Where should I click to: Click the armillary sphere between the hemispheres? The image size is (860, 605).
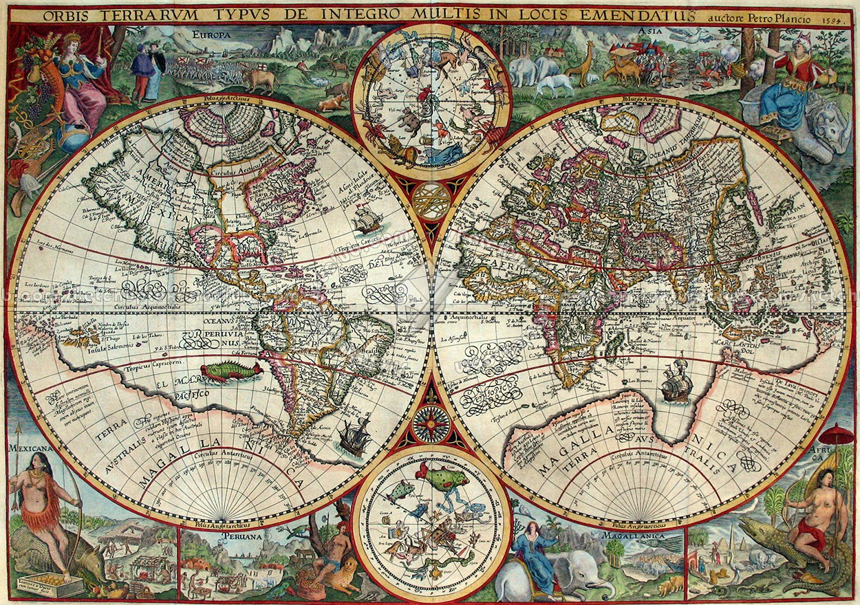tap(432, 201)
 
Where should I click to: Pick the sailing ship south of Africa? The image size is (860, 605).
tap(676, 383)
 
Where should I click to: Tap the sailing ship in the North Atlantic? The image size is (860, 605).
tap(366, 219)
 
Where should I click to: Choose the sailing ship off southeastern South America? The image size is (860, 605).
tap(354, 437)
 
